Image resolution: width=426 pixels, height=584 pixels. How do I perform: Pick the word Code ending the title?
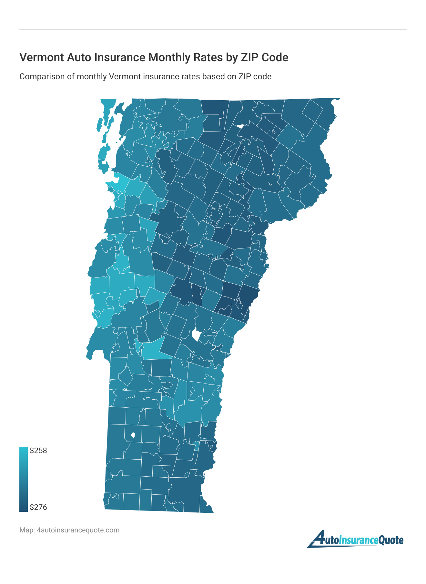tap(275, 57)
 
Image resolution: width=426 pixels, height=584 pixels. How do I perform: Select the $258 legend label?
tap(38, 451)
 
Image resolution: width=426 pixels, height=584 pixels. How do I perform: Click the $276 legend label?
tap(38, 507)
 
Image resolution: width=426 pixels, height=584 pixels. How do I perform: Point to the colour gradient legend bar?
tap(24, 479)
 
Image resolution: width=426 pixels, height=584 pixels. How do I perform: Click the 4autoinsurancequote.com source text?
tap(78, 530)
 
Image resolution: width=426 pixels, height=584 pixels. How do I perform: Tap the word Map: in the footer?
tap(27, 530)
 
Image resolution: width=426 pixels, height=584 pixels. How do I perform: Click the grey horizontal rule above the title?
tap(213, 30)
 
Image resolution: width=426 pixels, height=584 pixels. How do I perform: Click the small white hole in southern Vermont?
tap(132, 435)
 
